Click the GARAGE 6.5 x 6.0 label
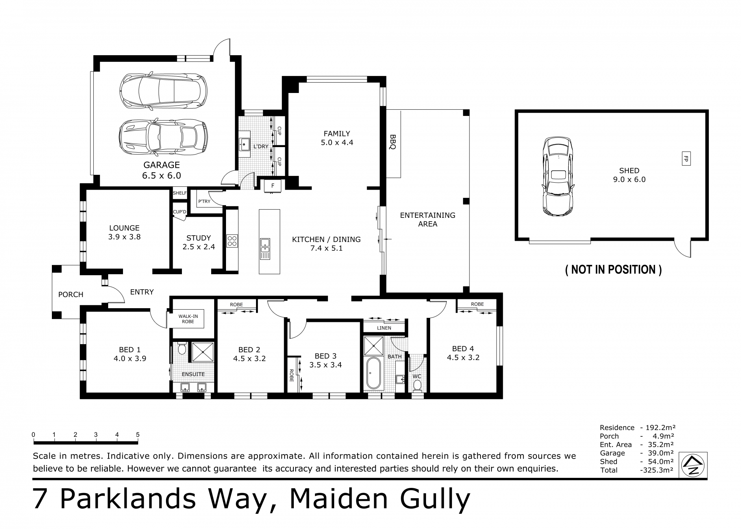[162, 170]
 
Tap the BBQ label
[393, 142]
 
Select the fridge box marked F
[273, 186]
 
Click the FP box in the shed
[686, 159]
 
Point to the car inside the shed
[558, 176]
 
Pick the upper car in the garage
[163, 91]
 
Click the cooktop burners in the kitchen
[232, 241]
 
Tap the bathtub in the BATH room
[373, 373]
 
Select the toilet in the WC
[417, 385]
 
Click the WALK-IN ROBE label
[188, 319]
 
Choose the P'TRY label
[204, 202]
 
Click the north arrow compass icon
[693, 466]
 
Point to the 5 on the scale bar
[138, 435]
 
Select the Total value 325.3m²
[657, 470]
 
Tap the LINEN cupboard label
[384, 328]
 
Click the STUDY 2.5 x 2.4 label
[199, 242]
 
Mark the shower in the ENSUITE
[202, 352]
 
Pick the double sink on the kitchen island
[265, 249]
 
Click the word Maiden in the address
[338, 499]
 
